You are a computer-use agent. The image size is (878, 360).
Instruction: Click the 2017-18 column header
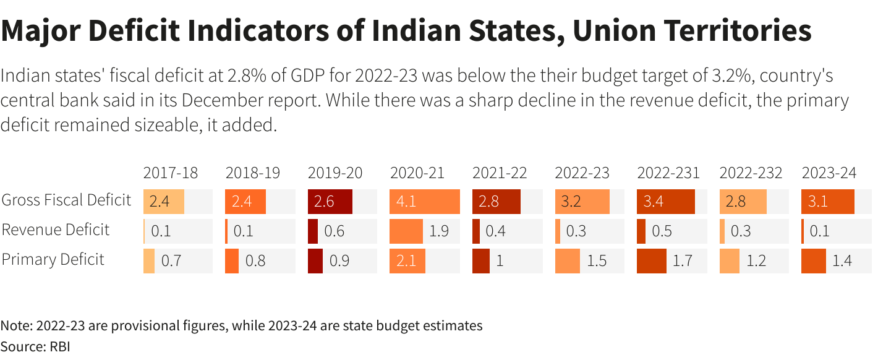(170, 173)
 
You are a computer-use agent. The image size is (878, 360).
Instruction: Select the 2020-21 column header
(417, 173)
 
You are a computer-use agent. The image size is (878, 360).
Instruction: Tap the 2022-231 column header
(668, 173)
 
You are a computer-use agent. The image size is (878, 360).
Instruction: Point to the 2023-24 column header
(829, 173)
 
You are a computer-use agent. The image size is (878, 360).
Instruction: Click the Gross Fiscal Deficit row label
(67, 200)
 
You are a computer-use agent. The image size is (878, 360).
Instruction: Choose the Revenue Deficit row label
(56, 230)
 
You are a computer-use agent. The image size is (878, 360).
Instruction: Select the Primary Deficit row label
(53, 260)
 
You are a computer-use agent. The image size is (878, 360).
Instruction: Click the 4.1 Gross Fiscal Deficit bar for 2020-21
(425, 202)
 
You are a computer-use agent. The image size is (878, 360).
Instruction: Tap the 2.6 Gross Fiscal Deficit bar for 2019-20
(330, 202)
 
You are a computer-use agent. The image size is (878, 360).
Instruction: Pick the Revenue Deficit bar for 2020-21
(406, 231)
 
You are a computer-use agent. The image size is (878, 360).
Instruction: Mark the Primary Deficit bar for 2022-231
(651, 261)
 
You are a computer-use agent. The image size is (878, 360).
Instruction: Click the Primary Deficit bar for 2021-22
(480, 261)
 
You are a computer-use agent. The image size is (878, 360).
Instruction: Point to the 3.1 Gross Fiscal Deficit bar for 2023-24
(828, 202)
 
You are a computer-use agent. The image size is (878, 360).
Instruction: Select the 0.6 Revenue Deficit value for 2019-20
(335, 231)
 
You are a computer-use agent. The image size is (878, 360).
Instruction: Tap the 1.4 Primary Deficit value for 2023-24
(842, 261)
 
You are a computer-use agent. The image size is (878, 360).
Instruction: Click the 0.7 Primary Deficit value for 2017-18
(171, 261)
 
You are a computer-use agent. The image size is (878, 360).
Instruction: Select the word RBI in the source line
(59, 346)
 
